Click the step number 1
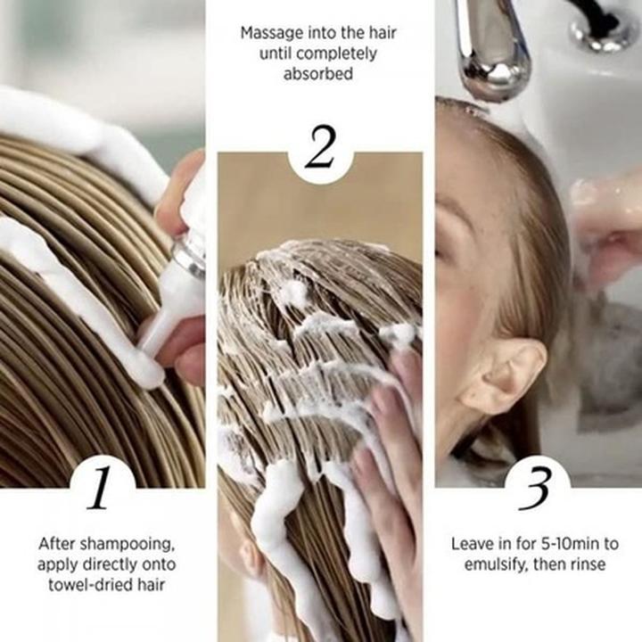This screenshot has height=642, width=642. pos(102,486)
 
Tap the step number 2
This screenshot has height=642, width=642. pos(320,150)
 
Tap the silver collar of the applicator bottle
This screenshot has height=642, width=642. pos(190,256)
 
